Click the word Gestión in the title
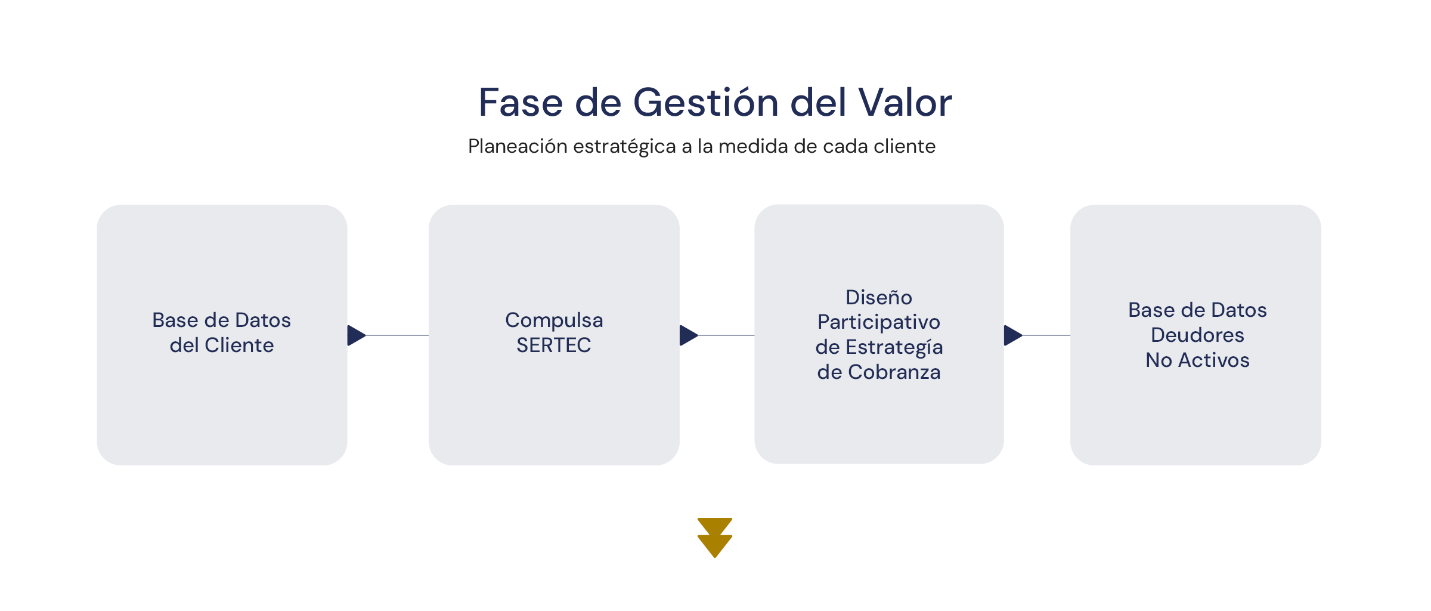pyautogui.click(x=705, y=103)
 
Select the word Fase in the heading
pyautogui.click(x=521, y=103)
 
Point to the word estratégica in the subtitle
pyautogui.click(x=625, y=147)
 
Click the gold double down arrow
pyautogui.click(x=715, y=538)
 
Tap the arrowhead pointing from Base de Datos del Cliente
pyautogui.click(x=357, y=335)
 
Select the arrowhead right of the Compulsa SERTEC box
pyautogui.click(x=689, y=335)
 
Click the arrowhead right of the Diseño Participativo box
pyautogui.click(x=1013, y=335)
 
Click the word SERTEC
pyautogui.click(x=554, y=345)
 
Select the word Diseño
pyautogui.click(x=879, y=297)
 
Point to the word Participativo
pyautogui.click(x=879, y=323)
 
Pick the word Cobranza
pyautogui.click(x=894, y=372)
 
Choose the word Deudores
pyautogui.click(x=1197, y=335)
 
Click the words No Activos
pyautogui.click(x=1197, y=360)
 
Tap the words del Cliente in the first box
pyautogui.click(x=222, y=345)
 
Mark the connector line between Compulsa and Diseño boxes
pyautogui.click(x=726, y=335)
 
